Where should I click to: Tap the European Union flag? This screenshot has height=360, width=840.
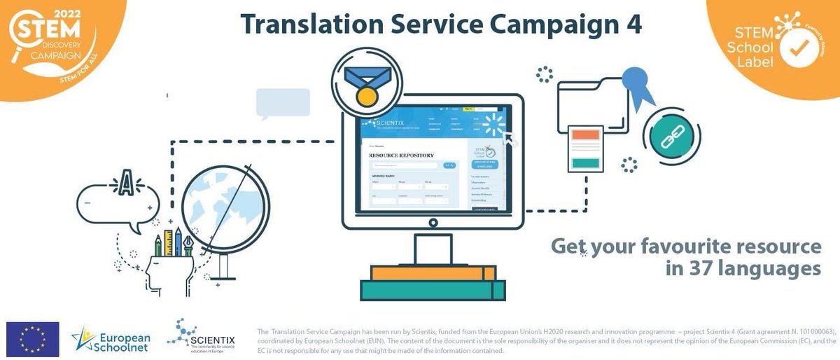(32, 339)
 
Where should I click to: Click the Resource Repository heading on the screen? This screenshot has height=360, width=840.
(401, 155)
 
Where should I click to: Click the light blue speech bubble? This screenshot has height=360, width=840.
(283, 102)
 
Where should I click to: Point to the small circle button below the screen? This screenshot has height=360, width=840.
(433, 223)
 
